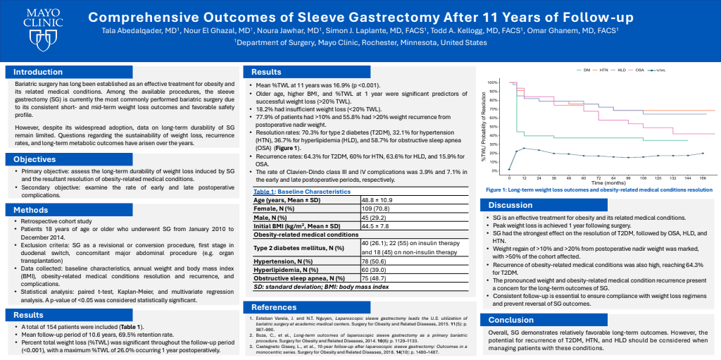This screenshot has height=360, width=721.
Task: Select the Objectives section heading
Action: click(x=35, y=159)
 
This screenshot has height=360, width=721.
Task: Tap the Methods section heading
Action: click(x=32, y=209)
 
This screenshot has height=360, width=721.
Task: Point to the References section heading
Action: click(x=274, y=306)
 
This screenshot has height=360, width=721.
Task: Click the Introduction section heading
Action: click(x=38, y=72)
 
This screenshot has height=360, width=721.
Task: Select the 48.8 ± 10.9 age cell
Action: click(x=379, y=201)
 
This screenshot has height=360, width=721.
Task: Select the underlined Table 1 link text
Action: click(x=263, y=192)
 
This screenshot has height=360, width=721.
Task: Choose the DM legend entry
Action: click(x=587, y=71)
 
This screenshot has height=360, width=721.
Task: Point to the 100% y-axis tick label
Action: click(x=493, y=82)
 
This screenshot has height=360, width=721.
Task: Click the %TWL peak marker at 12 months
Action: click(x=525, y=148)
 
